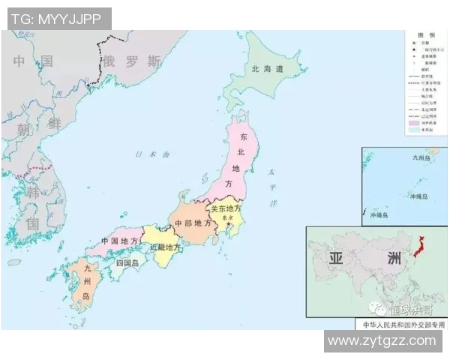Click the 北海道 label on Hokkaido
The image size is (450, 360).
pyautogui.click(x=268, y=69)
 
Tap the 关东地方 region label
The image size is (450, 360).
pyautogui.click(x=226, y=209)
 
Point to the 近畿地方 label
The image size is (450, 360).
pyautogui.click(x=165, y=247)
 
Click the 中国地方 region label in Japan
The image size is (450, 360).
pyautogui.click(x=119, y=241)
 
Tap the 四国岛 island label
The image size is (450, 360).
pyautogui.click(x=127, y=263)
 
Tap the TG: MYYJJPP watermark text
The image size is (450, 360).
pyautogui.click(x=57, y=18)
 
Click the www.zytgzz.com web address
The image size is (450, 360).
pyautogui.click(x=382, y=340)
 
